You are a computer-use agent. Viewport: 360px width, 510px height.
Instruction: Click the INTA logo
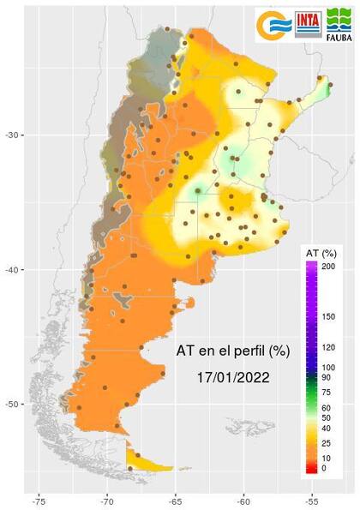[x=309, y=25]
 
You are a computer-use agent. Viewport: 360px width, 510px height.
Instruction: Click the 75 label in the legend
[x=327, y=392]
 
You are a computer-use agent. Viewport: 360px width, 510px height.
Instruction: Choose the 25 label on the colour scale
[x=327, y=443]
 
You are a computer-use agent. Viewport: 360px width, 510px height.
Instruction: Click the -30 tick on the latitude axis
[x=13, y=135]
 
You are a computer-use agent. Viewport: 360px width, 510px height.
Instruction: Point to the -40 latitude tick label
[x=13, y=270]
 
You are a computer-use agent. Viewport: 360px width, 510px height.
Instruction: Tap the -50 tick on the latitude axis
[x=13, y=405]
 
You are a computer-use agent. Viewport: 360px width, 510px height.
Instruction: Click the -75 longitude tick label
[x=39, y=499]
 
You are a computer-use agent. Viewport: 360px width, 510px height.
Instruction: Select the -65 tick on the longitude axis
[x=176, y=499]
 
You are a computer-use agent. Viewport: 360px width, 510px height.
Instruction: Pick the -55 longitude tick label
[x=312, y=499]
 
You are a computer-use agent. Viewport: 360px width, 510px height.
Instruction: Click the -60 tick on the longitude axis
[x=243, y=499]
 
